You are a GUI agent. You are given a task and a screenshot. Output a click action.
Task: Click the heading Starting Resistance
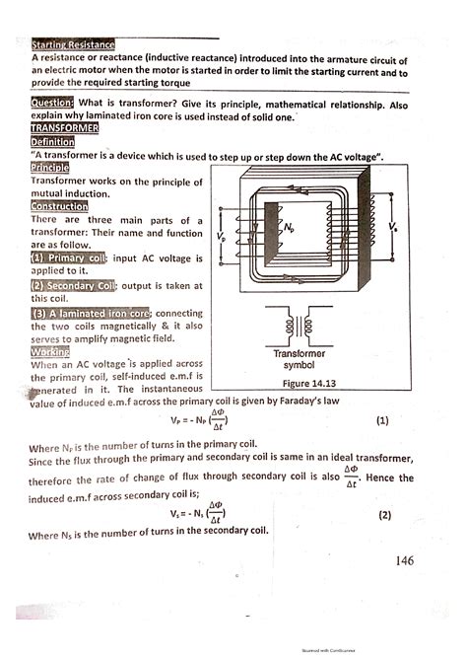tap(73, 45)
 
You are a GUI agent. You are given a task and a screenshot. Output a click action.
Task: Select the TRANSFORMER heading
tap(63, 128)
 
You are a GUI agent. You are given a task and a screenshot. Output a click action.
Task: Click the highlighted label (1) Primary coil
tap(68, 258)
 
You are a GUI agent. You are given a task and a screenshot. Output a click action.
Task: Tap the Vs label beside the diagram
tap(392, 227)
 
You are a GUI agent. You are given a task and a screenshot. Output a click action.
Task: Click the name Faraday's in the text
tap(294, 402)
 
